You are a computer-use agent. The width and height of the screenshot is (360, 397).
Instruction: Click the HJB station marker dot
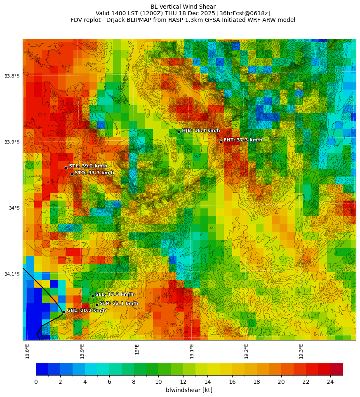[179, 132]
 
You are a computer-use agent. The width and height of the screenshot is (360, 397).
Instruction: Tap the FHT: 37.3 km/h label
[242, 140]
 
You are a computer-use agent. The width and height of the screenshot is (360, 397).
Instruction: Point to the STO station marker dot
[72, 174]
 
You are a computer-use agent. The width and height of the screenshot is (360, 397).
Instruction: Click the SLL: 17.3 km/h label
[114, 294]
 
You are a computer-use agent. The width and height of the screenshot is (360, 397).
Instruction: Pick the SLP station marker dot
[97, 305]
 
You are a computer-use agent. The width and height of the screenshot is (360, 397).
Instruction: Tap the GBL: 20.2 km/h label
[86, 310]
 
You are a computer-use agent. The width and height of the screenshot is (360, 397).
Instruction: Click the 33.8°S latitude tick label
[12, 76]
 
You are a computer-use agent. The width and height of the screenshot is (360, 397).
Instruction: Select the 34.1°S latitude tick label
[12, 274]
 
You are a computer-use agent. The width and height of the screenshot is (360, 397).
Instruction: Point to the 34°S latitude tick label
[14, 208]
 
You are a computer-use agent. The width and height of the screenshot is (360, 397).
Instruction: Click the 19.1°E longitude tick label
[192, 351]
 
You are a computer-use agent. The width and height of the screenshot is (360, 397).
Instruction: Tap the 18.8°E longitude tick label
[27, 351]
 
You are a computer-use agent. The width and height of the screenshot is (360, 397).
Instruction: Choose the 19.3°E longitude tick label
[301, 351]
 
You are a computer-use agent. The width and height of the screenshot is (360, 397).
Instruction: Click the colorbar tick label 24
[330, 382]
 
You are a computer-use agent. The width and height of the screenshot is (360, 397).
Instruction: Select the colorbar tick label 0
[36, 382]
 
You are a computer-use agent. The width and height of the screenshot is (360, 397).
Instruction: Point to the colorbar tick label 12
[183, 382]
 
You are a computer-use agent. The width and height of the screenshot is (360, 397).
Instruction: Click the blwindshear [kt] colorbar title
[189, 390]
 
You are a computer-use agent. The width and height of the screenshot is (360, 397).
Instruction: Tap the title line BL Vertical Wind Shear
[183, 7]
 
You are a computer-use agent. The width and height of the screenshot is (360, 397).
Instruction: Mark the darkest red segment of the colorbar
[336, 369]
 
